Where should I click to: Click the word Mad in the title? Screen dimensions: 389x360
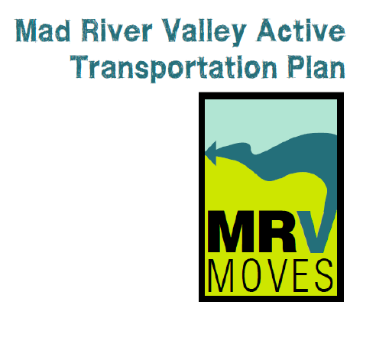pyautogui.click(x=43, y=31)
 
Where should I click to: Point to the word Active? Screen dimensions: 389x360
pyautogui.click(x=301, y=31)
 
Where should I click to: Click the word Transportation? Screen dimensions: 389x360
pyautogui.click(x=173, y=67)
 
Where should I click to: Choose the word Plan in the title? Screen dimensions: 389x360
pyautogui.click(x=316, y=66)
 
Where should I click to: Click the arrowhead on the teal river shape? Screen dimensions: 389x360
pyautogui.click(x=211, y=153)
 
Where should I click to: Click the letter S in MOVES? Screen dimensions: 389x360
pyautogui.click(x=324, y=275)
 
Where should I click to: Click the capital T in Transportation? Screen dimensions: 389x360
pyautogui.click(x=79, y=66)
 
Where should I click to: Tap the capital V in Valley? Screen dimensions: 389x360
pyautogui.click(x=173, y=30)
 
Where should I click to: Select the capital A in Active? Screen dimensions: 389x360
pyautogui.click(x=267, y=30)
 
